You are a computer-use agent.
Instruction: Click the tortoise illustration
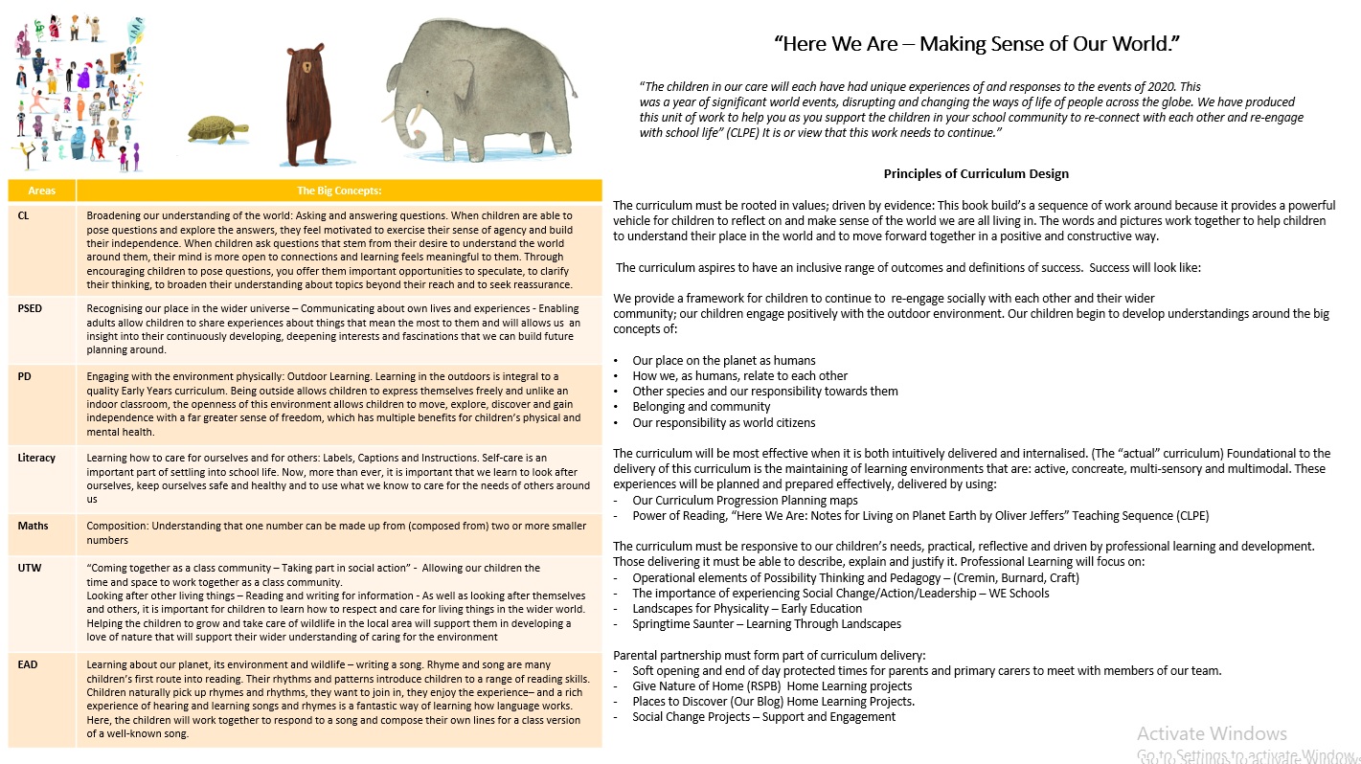(218, 128)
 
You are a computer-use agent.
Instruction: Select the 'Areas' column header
(41, 191)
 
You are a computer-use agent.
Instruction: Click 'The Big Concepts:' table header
(339, 191)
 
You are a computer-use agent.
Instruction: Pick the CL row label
(23, 215)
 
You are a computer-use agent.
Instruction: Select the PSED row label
(31, 308)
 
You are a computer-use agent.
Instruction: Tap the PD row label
(24, 376)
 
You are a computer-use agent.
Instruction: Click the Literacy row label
(36, 458)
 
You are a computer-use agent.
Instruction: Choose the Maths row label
(33, 526)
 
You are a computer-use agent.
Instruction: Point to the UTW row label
(29, 568)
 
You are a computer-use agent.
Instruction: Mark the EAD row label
(29, 664)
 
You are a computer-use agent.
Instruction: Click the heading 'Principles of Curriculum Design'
(976, 174)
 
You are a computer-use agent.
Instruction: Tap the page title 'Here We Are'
(977, 43)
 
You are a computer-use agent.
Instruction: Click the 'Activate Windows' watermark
(1212, 733)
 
